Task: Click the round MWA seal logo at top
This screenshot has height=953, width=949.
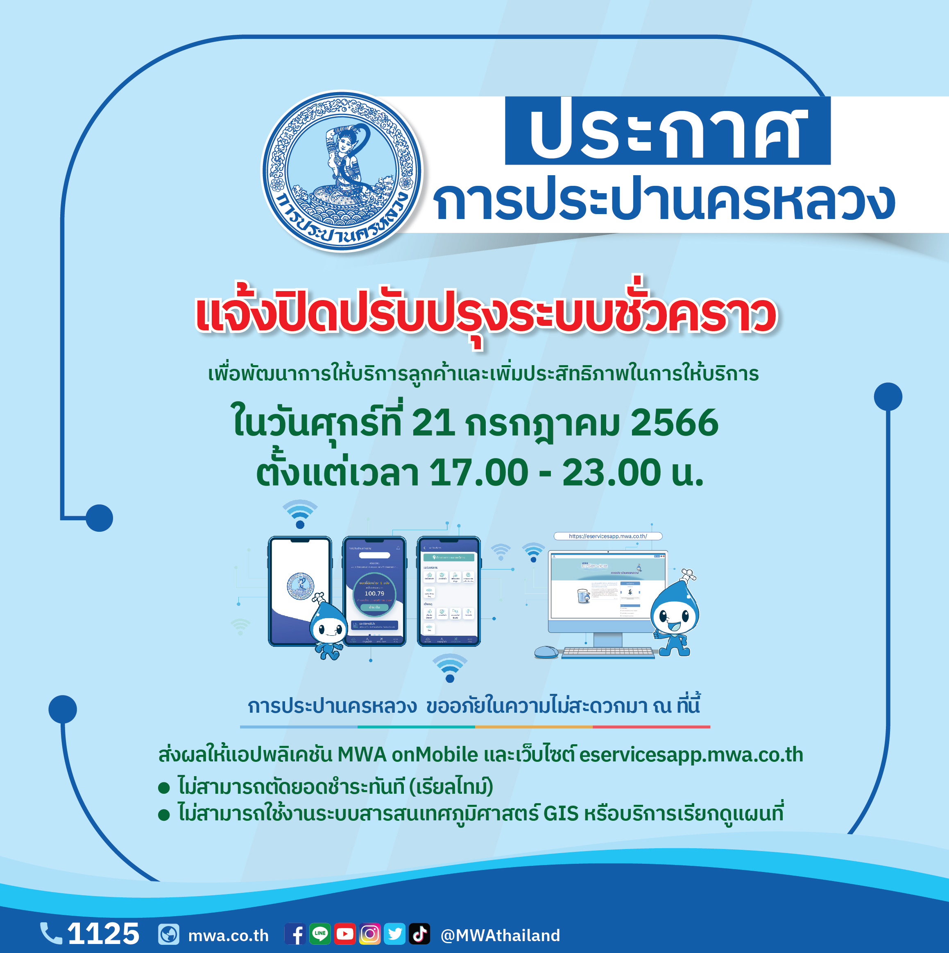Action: pos(342,171)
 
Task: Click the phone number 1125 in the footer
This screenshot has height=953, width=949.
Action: pos(104,933)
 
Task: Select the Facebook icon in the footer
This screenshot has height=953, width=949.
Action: pos(296,934)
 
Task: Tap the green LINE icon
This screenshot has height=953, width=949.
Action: pos(320,934)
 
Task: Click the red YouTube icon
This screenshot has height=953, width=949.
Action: pos(345,934)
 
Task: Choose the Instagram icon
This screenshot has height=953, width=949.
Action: pos(369,934)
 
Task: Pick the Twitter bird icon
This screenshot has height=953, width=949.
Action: pos(395,934)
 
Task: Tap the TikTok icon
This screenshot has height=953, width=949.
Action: pos(419,934)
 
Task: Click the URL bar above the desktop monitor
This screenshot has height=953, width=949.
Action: pos(607,536)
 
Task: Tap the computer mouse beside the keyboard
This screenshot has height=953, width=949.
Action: pos(546,652)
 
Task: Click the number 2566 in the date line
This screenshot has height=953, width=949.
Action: pos(674,423)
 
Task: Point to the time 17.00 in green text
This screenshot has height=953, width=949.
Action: pos(478,472)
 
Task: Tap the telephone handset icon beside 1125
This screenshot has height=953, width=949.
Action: pos(51,933)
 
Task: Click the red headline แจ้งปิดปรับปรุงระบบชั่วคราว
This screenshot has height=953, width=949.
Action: pos(486,315)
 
